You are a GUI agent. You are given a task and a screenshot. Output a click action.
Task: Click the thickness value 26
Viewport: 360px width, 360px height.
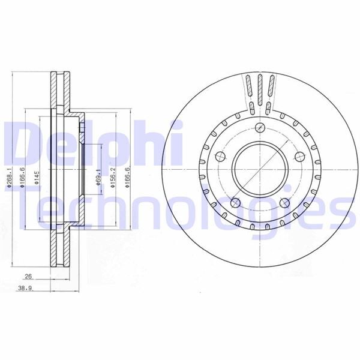click(28, 277)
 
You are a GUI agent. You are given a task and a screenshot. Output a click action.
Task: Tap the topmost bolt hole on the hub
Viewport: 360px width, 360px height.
click(260, 127)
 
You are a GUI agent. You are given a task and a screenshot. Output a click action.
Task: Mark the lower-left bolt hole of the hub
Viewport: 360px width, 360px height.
click(235, 202)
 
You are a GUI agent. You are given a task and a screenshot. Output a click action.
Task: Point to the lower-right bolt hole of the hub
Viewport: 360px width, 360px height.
click(284, 202)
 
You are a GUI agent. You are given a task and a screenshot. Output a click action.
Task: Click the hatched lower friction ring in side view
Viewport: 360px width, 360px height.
click(58, 249)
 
